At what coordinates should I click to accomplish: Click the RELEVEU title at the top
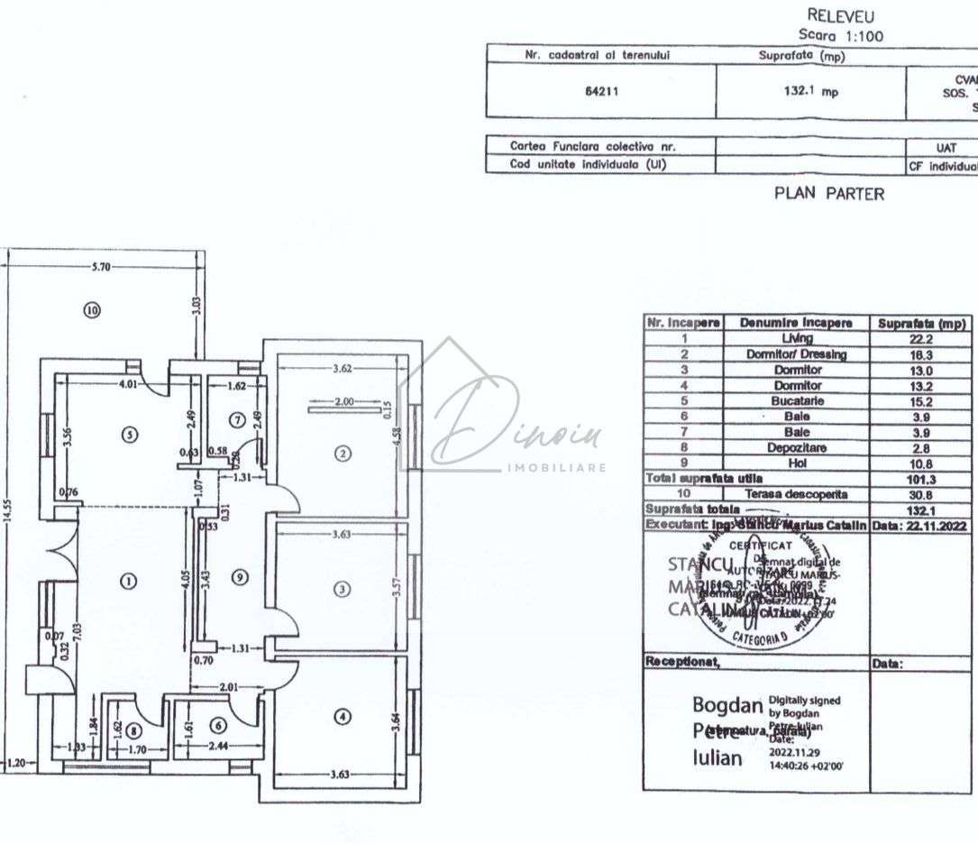click(840, 15)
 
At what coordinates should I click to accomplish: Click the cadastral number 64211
click(600, 91)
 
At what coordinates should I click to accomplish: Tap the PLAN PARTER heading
click(829, 193)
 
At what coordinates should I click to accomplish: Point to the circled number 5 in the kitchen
click(129, 434)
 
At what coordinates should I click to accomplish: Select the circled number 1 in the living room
click(129, 582)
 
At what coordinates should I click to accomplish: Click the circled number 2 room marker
click(342, 453)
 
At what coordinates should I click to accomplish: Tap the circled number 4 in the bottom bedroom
click(341, 718)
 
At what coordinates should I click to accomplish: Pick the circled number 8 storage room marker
click(133, 730)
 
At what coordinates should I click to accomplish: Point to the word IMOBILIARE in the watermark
click(556, 468)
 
